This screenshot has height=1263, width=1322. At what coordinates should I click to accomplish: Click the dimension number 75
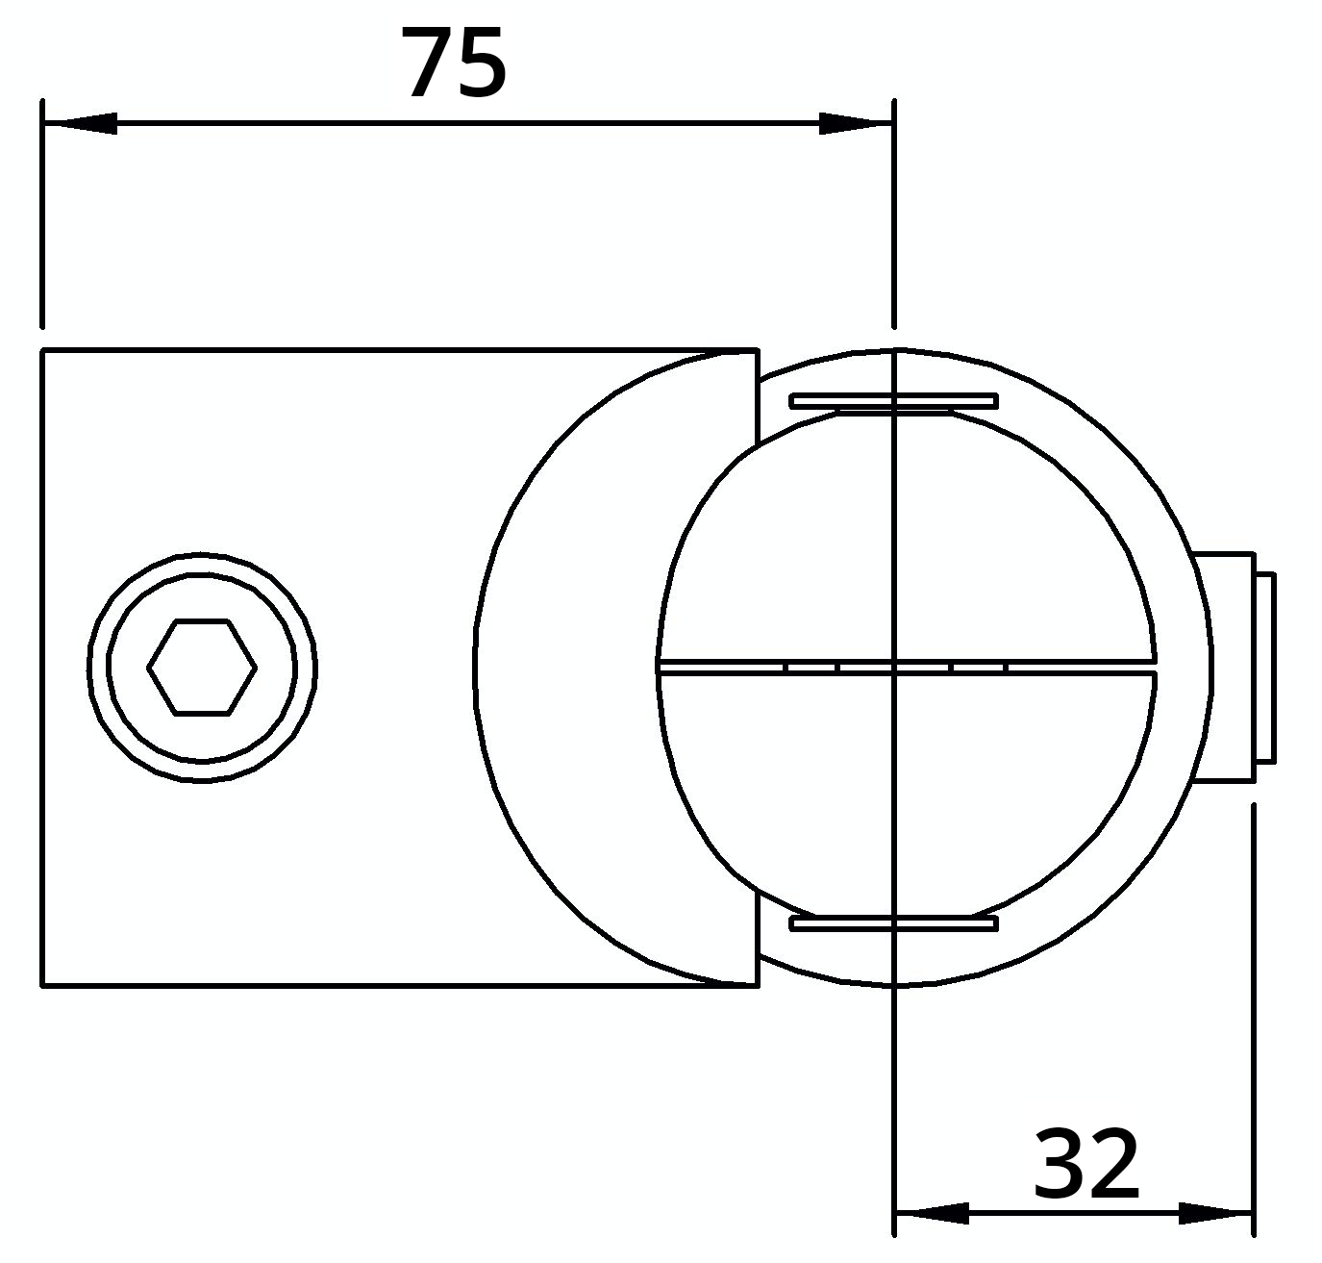point(453,64)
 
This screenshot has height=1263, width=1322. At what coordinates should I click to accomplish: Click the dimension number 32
point(1085,1165)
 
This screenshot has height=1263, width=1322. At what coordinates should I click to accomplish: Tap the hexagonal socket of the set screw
point(202,668)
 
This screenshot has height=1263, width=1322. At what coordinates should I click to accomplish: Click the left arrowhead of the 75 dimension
point(81,124)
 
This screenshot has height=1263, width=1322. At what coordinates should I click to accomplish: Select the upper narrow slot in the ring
point(893,401)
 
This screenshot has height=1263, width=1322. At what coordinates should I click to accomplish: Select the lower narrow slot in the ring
point(893,923)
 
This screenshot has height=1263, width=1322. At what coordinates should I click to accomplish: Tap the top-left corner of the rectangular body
point(43,351)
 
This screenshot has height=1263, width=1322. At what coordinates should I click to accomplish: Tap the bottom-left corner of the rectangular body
point(43,985)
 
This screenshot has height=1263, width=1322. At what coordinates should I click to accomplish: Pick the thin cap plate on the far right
point(1265,668)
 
